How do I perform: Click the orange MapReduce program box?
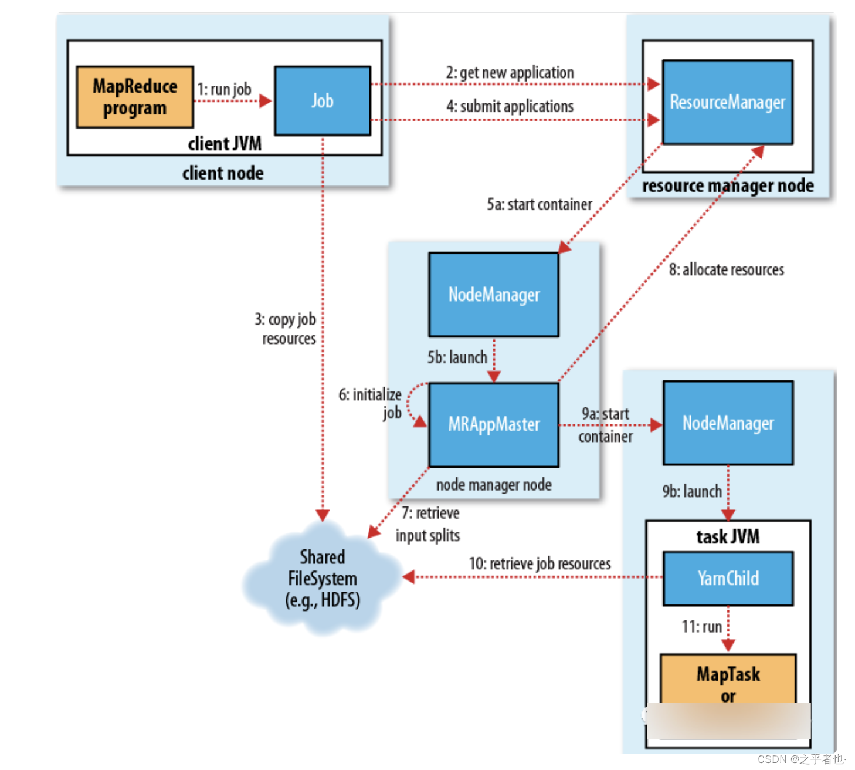click(135, 97)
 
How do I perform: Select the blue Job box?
click(323, 101)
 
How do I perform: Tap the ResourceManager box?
click(728, 102)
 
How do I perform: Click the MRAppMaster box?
click(494, 424)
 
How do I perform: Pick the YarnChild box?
click(728, 579)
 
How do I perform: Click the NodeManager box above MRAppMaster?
click(494, 295)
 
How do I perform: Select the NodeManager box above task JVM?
click(728, 423)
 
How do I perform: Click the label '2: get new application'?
click(510, 73)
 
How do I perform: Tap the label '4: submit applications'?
click(510, 106)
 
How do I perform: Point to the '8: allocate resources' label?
click(727, 269)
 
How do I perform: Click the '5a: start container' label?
click(540, 204)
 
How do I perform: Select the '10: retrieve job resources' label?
click(540, 563)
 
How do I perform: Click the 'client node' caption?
click(223, 173)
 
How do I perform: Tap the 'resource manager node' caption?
click(728, 186)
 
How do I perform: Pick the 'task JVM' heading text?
click(728, 536)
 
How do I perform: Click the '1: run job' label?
click(224, 89)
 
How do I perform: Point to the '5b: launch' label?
click(457, 357)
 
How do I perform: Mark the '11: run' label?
click(701, 627)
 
